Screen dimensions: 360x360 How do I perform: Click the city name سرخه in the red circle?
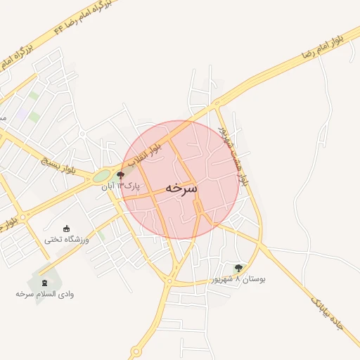pyautogui.click(x=181, y=189)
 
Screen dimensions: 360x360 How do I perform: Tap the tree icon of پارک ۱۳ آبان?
pyautogui.click(x=121, y=175)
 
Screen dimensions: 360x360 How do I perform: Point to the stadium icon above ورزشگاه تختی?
pyautogui.click(x=67, y=228)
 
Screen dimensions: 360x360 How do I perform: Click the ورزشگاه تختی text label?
pyautogui.click(x=67, y=239)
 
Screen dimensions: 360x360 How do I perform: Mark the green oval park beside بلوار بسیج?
pyautogui.click(x=103, y=175)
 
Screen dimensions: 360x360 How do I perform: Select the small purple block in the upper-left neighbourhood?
pyautogui.click(x=23, y=112)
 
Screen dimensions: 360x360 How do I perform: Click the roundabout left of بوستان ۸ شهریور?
pyautogui.click(x=169, y=281)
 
